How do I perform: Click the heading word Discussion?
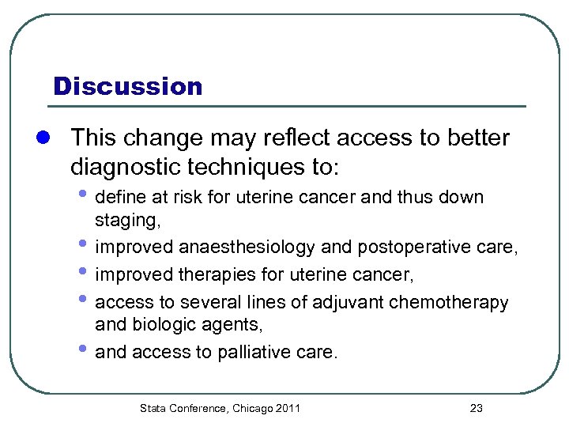[x=127, y=85]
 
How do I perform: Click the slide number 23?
[x=476, y=409]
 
